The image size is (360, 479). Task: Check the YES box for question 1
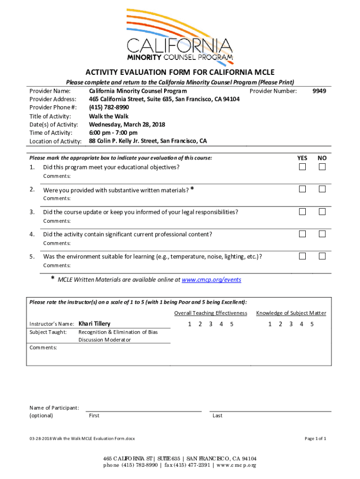coord(302,167)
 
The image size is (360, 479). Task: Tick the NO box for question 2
coord(322,189)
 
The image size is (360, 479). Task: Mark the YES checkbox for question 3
coord(302,211)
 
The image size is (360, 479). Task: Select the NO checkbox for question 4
coord(322,234)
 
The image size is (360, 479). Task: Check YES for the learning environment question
coord(302,256)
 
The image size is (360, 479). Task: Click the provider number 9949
coord(319,91)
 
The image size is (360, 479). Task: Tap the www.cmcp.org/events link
coord(211,280)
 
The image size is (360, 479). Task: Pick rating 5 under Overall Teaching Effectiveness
coord(231,324)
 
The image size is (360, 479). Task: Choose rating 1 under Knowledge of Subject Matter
coord(270,324)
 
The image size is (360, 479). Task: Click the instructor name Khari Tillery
coord(94,324)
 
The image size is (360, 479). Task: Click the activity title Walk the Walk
coord(108,116)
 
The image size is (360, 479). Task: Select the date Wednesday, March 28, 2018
coord(127,124)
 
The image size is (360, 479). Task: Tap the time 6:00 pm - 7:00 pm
coord(113,133)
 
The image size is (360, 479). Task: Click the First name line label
coord(94,415)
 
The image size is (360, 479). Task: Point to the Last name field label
coord(217,415)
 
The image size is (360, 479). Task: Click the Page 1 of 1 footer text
coord(315,438)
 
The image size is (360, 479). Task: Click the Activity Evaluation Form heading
coord(180,72)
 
